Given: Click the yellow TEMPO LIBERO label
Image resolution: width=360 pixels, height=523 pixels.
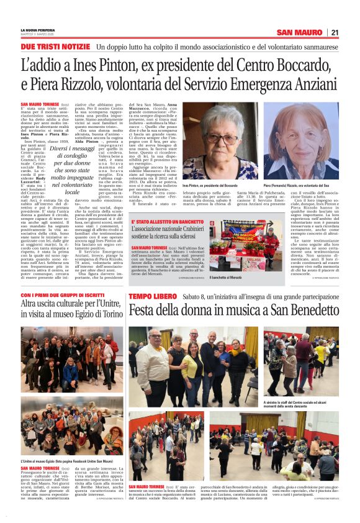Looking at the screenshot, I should coord(153,297).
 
